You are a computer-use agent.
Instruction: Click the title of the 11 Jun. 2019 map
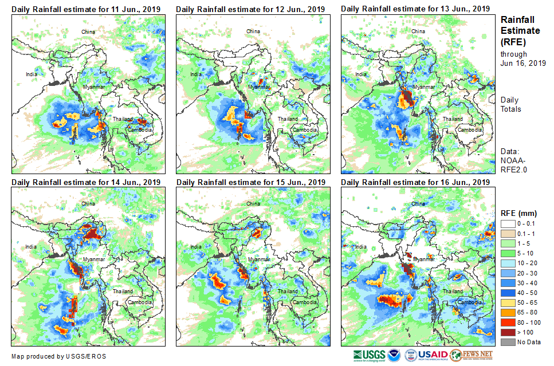point(86,9)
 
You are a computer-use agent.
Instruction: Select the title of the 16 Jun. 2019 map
point(415,182)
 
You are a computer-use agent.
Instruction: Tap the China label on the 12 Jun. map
point(253,31)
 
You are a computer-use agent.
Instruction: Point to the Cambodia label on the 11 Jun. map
point(140,130)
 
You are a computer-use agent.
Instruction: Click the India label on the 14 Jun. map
point(31,247)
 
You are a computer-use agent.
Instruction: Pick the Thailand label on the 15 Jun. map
point(288,292)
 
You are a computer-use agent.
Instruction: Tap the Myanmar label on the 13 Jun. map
point(424,86)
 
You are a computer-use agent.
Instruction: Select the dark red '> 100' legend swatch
point(508,332)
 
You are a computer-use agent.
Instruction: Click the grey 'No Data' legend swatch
point(508,342)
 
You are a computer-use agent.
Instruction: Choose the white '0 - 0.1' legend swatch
point(508,224)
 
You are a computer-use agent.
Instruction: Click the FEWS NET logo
point(472,355)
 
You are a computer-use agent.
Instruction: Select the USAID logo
point(426,355)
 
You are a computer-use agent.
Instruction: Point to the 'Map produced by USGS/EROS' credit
point(58,356)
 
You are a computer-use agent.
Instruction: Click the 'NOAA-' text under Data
point(511,161)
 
